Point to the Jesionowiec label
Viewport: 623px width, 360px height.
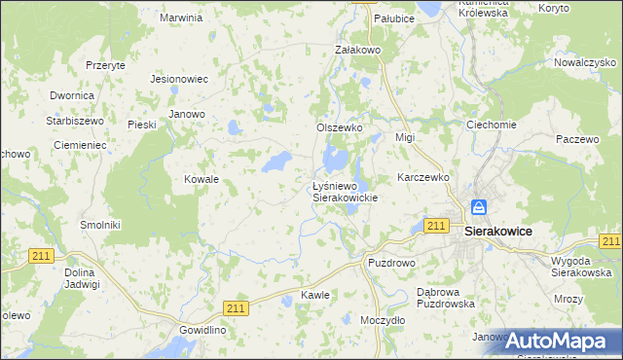click(x=180, y=79)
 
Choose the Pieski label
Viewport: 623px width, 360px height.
click(x=142, y=124)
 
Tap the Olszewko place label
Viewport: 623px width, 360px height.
click(x=339, y=127)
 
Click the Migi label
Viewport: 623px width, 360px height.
click(x=405, y=137)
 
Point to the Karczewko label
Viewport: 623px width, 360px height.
click(x=422, y=178)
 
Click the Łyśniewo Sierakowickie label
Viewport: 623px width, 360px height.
click(x=344, y=191)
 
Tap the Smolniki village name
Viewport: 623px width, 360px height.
click(x=99, y=224)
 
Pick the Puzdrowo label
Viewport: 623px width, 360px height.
click(x=391, y=263)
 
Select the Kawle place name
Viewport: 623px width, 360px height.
click(x=315, y=294)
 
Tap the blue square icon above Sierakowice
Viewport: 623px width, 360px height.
click(x=479, y=207)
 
